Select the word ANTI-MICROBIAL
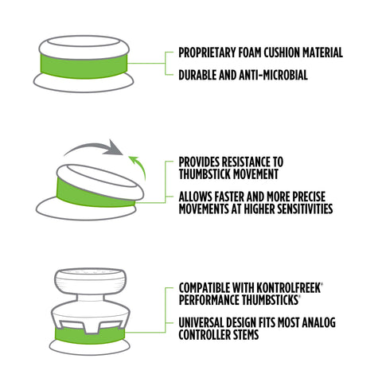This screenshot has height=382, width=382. [273, 75]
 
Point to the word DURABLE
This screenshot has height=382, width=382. [197, 75]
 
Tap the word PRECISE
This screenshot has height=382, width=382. [309, 197]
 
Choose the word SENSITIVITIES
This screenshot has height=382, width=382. [305, 209]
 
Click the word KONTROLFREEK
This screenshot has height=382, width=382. [289, 288]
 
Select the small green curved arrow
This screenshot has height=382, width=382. [140, 165]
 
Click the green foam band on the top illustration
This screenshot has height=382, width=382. [84, 66]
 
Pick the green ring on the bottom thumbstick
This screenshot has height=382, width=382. [90, 335]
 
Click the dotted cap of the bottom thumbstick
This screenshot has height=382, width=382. [90, 281]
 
